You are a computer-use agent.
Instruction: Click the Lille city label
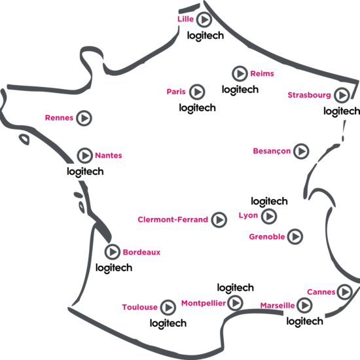point(185,19)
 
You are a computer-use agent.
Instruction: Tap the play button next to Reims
point(240,73)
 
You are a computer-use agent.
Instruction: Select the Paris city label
point(176,92)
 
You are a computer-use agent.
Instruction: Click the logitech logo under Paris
point(197,108)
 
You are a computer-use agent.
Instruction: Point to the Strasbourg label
point(309,95)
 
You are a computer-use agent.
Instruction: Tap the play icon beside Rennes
point(84,118)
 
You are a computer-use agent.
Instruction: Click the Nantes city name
point(109,155)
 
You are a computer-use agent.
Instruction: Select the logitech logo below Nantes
point(85,171)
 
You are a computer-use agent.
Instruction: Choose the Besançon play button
point(301,151)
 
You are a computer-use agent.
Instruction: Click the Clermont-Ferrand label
point(173,219)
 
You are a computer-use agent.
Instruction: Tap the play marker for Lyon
point(269,216)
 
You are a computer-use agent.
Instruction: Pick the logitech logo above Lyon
point(269,202)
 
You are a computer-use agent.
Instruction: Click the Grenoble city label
point(267,237)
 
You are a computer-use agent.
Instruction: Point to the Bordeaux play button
point(113,252)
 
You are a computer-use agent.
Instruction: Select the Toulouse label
point(139,307)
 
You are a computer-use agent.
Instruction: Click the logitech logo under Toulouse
point(168,323)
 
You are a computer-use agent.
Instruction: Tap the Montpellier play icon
point(235,303)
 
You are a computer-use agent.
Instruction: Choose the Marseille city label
point(278,306)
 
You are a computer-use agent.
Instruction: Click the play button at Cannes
point(344,292)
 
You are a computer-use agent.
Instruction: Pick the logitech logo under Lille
point(206,36)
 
